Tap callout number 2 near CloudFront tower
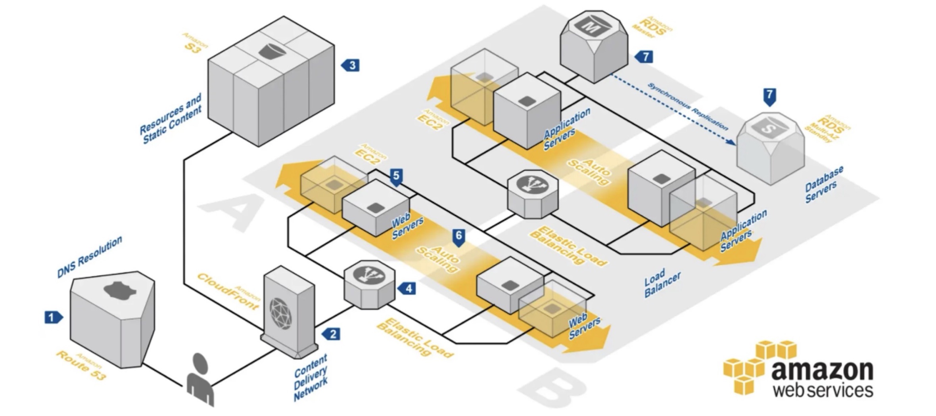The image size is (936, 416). click(x=332, y=334)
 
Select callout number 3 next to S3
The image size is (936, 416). click(x=351, y=65)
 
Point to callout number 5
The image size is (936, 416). click(x=396, y=176)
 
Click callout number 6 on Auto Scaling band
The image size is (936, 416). click(x=458, y=237)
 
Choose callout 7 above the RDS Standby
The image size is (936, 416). click(x=769, y=95)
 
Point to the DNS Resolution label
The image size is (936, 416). click(x=90, y=257)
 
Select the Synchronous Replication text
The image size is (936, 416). click(x=688, y=107)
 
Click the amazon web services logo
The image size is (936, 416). click(x=799, y=368)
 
